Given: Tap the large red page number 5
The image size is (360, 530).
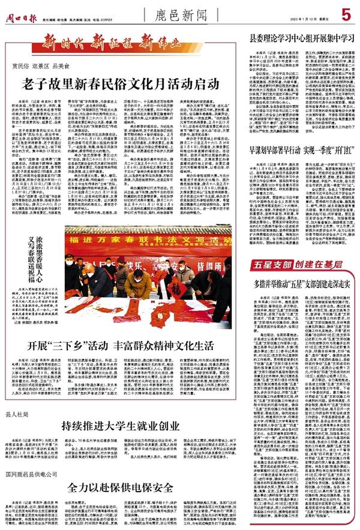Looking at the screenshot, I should click(346, 13).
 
